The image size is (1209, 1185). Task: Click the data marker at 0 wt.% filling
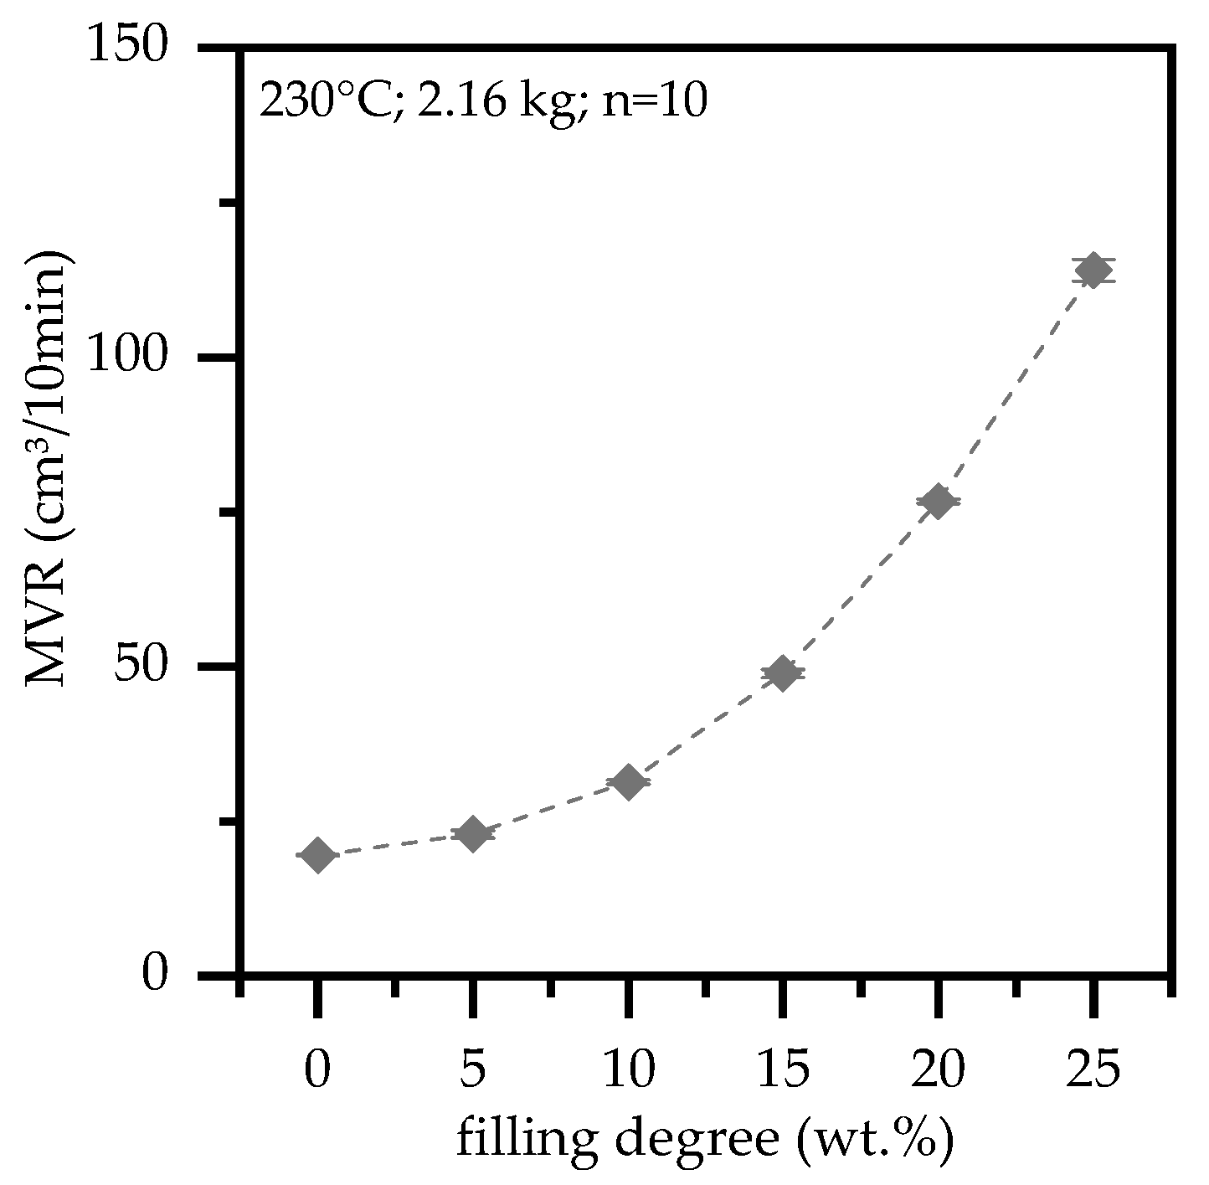pyautogui.click(x=317, y=855)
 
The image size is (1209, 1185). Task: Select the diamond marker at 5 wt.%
pyautogui.click(x=473, y=834)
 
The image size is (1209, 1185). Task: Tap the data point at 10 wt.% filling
pyautogui.click(x=628, y=783)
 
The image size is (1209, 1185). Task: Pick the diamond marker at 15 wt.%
pyautogui.click(x=783, y=673)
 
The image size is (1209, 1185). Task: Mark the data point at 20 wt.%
pyautogui.click(x=938, y=502)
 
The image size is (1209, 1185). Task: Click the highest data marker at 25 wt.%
pyautogui.click(x=1093, y=270)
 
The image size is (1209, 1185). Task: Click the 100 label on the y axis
pyautogui.click(x=135, y=358)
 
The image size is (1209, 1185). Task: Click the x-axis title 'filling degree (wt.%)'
pyautogui.click(x=704, y=1140)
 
